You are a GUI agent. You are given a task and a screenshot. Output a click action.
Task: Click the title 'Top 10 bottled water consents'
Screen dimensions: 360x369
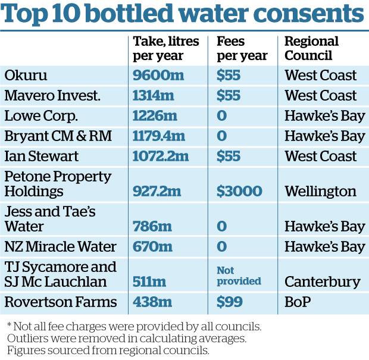point(184,15)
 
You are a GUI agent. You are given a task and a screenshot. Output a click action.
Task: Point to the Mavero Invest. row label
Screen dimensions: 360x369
point(52,96)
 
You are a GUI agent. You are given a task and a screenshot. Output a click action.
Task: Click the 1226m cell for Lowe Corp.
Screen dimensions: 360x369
point(154,116)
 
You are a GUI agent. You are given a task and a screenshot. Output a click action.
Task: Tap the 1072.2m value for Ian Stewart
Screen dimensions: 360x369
point(161,156)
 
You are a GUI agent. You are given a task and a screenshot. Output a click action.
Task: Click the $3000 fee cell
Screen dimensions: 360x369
point(239,191)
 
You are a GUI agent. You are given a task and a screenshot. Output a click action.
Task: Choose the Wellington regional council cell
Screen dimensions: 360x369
point(320,191)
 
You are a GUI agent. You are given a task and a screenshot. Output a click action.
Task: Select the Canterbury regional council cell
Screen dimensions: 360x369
point(322,281)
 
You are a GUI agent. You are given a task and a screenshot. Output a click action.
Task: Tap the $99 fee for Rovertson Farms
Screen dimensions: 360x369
point(229,302)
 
